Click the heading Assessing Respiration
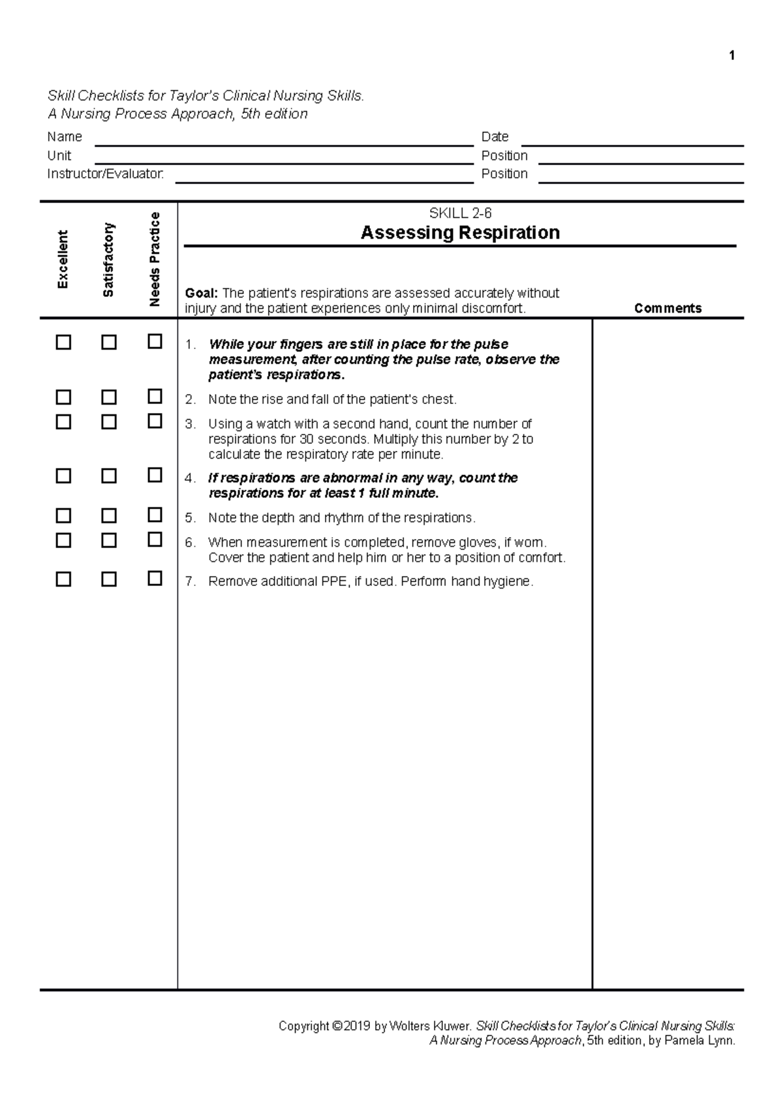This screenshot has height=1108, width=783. [460, 233]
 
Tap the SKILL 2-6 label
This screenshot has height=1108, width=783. [460, 213]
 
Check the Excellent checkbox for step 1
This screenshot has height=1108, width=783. [63, 343]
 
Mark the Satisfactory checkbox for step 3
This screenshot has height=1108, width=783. [109, 422]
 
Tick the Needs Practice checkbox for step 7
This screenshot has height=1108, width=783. [155, 579]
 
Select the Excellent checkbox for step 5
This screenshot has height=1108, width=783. [63, 516]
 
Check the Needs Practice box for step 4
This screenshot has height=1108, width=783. [155, 476]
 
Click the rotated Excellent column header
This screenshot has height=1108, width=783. [63, 259]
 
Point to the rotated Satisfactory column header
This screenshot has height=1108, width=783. [108, 259]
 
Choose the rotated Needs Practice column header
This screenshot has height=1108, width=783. [155, 259]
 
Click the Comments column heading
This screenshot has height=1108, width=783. [668, 309]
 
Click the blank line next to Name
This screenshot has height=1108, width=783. [284, 139]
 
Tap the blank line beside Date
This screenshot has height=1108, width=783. [632, 139]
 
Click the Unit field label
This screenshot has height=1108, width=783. [59, 156]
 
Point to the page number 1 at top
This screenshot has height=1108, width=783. [732, 55]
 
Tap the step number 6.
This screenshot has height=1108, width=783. [189, 542]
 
